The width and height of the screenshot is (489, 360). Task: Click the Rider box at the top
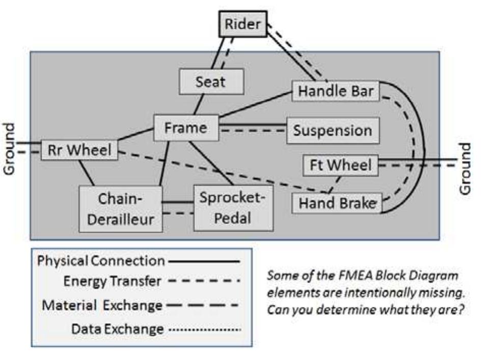point(242,24)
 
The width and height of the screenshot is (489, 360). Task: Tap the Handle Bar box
point(336,92)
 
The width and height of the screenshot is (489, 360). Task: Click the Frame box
point(186,128)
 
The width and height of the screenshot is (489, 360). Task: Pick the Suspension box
point(333,130)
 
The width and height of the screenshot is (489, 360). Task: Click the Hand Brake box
point(337,203)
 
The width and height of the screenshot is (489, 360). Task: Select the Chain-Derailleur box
point(121,209)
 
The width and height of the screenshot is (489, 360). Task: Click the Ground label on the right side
point(465,169)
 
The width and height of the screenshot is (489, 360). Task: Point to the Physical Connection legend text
point(101,261)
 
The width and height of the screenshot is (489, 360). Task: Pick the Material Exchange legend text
point(102,306)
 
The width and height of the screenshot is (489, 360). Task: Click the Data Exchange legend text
point(118,329)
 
